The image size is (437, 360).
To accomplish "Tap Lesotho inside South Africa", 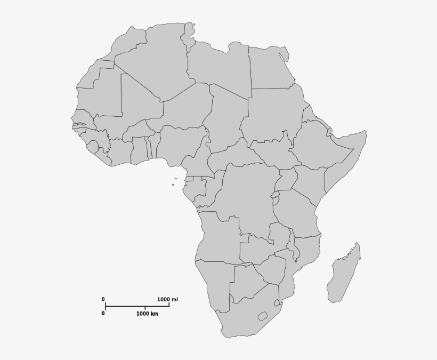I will [262, 316].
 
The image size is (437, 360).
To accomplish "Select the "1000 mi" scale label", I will [167, 300].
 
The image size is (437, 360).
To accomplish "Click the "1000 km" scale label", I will [147, 314].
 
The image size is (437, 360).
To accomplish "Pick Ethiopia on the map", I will [314, 144].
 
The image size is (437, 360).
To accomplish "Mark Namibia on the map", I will [213, 283].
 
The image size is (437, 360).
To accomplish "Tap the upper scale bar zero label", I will [103, 299].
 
